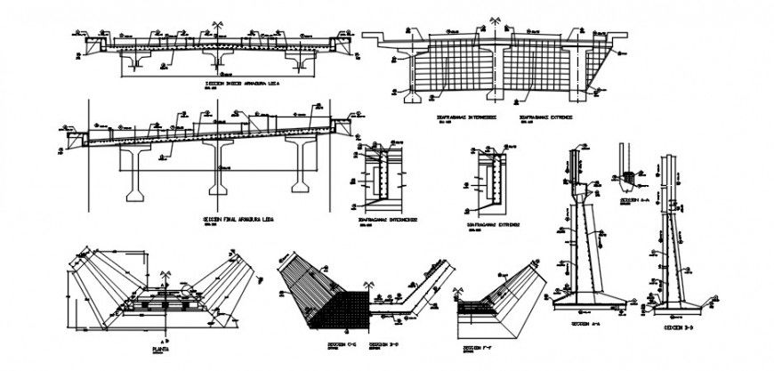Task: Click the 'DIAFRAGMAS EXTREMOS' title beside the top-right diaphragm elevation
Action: point(546,117)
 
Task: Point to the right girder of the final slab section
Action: point(300,165)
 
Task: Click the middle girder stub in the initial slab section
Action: point(222,58)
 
